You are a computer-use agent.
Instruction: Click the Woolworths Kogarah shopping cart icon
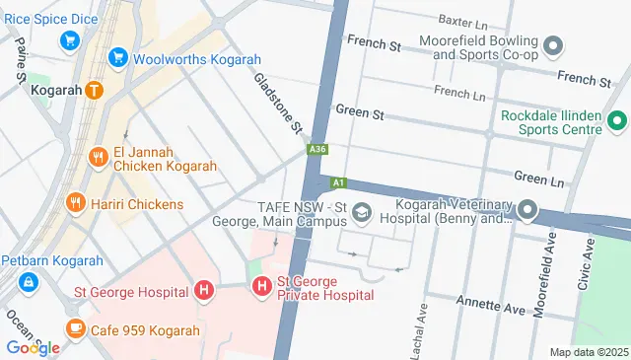118,58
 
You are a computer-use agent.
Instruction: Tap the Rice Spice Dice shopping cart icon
69,40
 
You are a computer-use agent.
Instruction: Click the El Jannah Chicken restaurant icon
98,156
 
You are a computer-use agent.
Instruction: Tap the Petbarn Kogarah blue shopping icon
29,283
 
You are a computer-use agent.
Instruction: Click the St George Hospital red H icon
203,290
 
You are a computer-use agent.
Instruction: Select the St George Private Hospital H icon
261,287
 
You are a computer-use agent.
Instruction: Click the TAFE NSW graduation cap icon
362,211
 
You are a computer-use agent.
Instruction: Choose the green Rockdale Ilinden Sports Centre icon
617,122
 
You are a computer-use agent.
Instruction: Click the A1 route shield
338,182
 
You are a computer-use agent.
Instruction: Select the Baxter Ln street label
462,20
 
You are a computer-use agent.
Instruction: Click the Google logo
33,347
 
